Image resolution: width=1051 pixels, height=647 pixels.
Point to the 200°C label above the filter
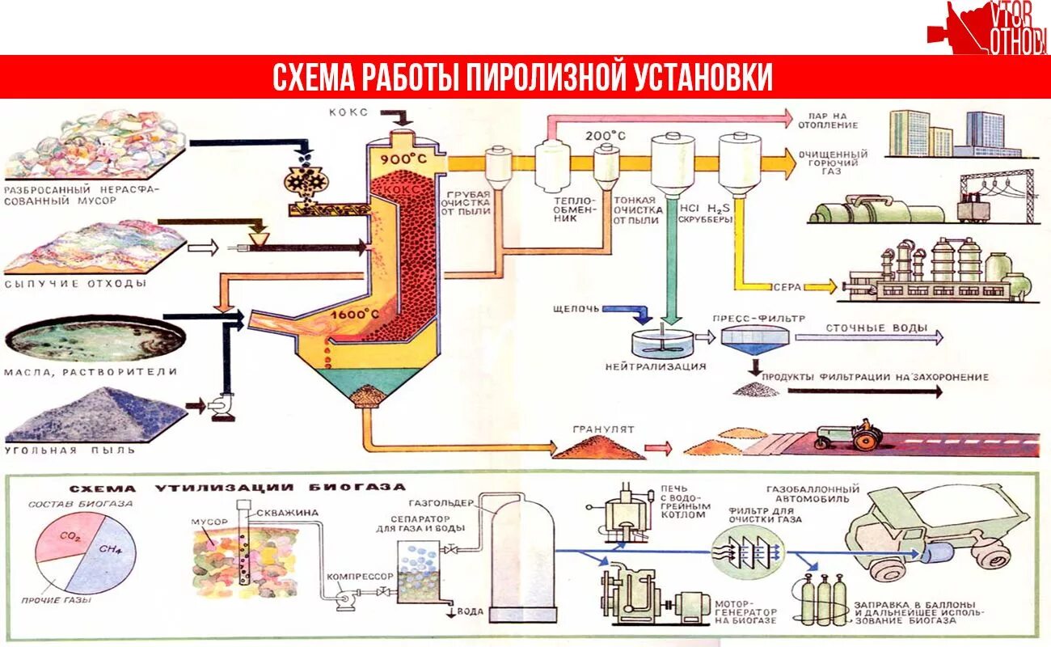(606, 136)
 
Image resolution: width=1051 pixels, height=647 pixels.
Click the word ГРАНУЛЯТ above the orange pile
(603, 429)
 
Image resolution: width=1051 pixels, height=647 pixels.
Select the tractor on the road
(849, 436)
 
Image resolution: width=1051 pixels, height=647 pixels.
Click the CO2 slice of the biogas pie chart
(67, 539)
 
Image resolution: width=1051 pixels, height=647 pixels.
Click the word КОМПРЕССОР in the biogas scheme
(360, 577)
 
